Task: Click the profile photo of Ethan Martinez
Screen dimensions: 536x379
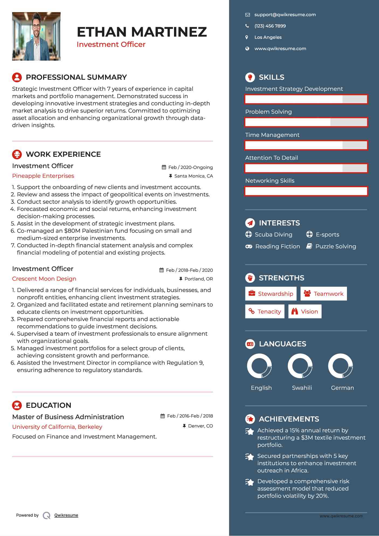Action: (36, 36)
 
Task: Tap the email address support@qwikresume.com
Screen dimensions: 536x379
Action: (285, 15)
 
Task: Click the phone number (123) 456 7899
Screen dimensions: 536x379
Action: (270, 26)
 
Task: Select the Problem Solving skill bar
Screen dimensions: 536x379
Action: (306, 122)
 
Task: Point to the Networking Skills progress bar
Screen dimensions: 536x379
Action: (306, 191)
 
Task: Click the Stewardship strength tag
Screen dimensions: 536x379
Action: (271, 294)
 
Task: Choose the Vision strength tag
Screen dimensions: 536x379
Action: (305, 312)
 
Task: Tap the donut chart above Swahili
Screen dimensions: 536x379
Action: (300, 366)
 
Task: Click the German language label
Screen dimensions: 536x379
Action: (342, 388)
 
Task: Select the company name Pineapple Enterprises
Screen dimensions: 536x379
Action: (43, 176)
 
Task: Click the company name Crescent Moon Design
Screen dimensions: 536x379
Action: (44, 279)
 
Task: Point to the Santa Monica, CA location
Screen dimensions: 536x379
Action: (193, 176)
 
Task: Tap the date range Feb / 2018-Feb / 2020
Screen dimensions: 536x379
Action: (189, 270)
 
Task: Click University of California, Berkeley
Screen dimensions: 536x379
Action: (57, 427)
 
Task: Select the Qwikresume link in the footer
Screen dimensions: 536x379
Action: (66, 515)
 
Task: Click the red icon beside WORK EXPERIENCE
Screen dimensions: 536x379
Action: (17, 154)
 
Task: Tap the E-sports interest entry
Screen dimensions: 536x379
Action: (327, 235)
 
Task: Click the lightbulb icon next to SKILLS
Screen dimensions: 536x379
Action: (250, 77)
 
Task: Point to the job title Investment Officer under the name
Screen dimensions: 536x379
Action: (111, 44)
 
